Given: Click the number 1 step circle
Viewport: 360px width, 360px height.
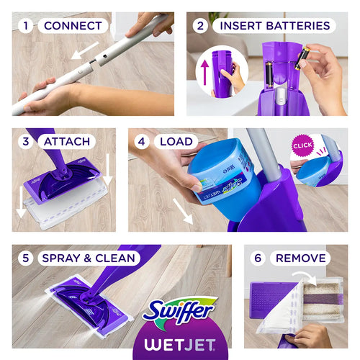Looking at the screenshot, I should (x=26, y=26).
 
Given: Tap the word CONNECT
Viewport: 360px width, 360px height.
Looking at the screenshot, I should (x=72, y=26).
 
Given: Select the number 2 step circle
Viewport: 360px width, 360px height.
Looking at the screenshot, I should (x=201, y=26).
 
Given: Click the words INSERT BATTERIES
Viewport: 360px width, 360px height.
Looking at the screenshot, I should (x=274, y=26).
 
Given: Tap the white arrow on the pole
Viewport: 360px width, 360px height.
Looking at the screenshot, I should (x=89, y=50).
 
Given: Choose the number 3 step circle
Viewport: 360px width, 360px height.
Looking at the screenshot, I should (x=26, y=141).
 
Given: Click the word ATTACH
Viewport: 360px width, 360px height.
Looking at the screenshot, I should (x=67, y=141).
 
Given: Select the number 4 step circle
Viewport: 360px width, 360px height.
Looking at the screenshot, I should (x=142, y=141).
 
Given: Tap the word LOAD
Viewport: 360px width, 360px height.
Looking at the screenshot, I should (x=175, y=141).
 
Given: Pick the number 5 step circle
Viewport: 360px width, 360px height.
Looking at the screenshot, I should (x=26, y=258).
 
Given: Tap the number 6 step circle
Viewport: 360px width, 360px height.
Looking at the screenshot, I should (x=257, y=258).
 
